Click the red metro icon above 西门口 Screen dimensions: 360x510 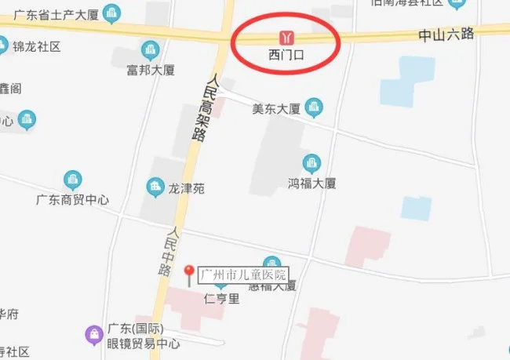click(x=287, y=37)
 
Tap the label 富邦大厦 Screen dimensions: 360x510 click(x=151, y=71)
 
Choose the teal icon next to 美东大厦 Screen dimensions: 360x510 click(x=314, y=105)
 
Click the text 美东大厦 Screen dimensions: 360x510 click(x=276, y=108)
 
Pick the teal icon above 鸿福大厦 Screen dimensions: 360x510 click(x=311, y=163)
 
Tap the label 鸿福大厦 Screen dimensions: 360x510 click(x=311, y=183)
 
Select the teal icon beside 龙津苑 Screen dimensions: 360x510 click(x=155, y=187)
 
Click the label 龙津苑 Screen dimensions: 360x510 click(x=187, y=188)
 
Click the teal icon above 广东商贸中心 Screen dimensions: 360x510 click(x=72, y=180)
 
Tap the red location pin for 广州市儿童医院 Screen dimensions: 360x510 click(x=188, y=274)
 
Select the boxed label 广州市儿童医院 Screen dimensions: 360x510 click(x=243, y=275)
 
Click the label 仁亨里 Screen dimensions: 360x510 click(x=220, y=298)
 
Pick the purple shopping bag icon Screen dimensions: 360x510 click(x=93, y=335)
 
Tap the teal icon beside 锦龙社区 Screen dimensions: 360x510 click(x=4, y=45)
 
